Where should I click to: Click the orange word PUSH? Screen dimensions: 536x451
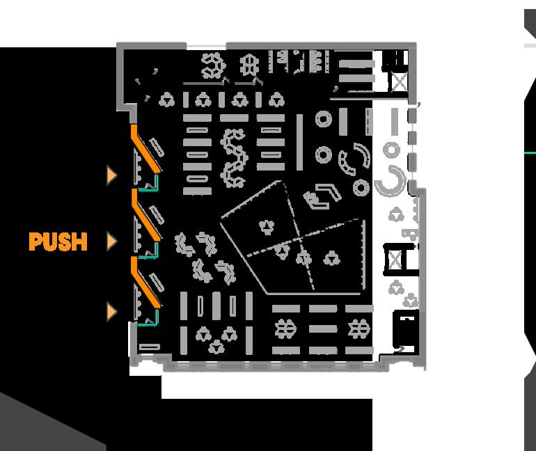point(58,242)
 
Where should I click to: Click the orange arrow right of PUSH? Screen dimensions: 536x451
point(111,242)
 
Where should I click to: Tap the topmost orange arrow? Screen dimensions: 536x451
point(111,175)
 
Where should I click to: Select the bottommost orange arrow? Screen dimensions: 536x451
point(111,311)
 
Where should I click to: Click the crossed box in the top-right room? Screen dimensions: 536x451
point(398,83)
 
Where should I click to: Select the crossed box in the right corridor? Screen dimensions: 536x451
point(396,260)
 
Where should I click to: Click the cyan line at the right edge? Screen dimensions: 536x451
point(530,152)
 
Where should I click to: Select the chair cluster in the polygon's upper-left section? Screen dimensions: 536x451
point(265,225)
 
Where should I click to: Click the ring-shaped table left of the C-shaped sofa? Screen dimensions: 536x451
point(361,188)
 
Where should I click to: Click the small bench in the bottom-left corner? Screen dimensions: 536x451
point(148,347)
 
